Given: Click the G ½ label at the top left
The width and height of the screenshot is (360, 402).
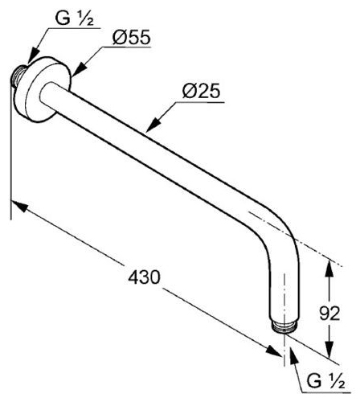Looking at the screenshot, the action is point(74,18).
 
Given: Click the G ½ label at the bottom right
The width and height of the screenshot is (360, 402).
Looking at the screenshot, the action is point(325,381).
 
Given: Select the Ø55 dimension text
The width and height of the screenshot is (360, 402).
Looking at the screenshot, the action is point(132,37).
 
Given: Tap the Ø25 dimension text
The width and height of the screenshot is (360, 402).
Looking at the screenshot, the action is point(201,91).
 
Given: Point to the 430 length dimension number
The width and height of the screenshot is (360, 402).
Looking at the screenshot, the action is point(144,277).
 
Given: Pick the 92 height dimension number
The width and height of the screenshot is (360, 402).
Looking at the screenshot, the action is point(329,313).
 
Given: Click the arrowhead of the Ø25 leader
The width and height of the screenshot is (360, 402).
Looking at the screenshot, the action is point(153,125).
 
